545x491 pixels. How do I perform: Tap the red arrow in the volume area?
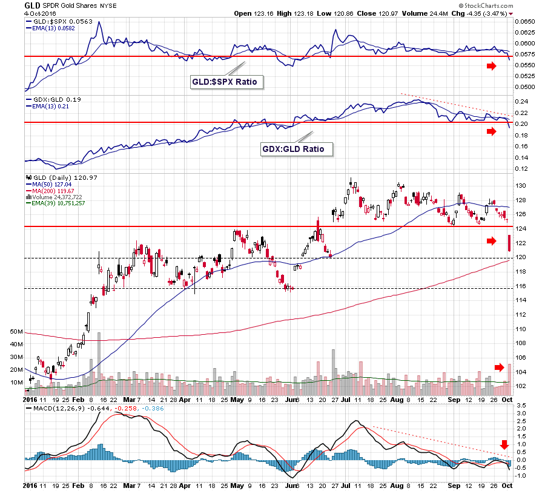click(499, 367)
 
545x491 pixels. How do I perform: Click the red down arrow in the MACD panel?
click(504, 445)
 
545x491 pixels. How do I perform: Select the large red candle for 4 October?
click(510, 243)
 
